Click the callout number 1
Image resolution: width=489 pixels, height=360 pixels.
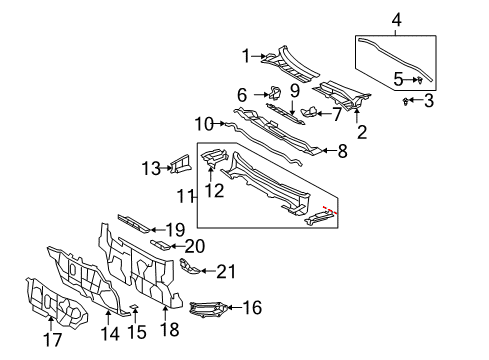click(x=244, y=56)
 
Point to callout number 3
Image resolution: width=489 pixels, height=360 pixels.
click(x=429, y=101)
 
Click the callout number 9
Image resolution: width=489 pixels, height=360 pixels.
click(x=295, y=91)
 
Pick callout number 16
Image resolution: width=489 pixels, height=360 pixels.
click(x=251, y=308)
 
